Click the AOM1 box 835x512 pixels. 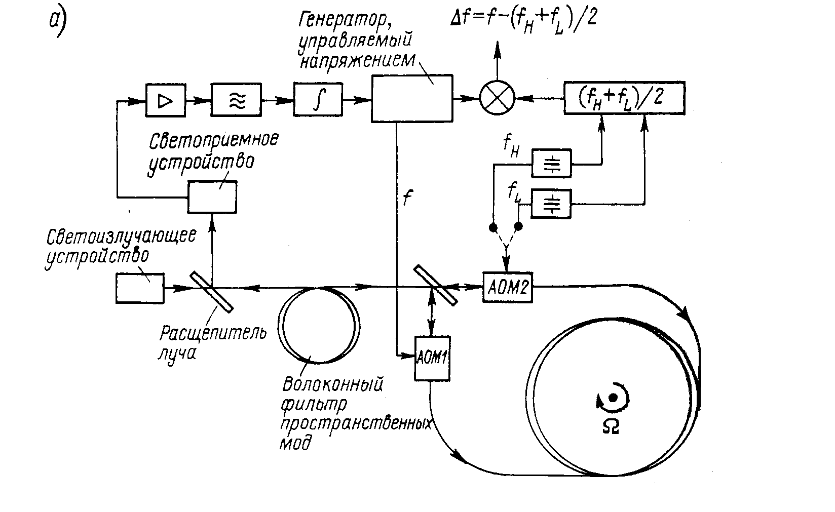(x=432, y=358)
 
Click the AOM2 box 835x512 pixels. (x=507, y=288)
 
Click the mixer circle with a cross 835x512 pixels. (x=497, y=96)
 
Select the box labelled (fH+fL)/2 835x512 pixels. (x=624, y=96)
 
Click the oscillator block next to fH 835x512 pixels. (x=551, y=163)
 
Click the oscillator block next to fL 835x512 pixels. (x=551, y=204)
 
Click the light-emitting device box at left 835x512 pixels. (x=140, y=288)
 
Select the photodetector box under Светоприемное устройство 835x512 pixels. (x=212, y=196)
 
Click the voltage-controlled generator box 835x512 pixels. (x=411, y=98)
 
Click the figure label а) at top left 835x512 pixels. (x=57, y=23)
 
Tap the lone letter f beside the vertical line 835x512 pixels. (x=406, y=197)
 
